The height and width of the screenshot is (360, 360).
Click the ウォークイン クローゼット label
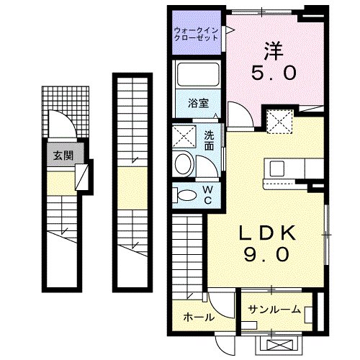point(198,34)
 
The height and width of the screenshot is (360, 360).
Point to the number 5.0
point(271,73)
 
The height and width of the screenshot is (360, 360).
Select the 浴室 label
point(199,103)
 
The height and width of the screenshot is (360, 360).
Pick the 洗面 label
point(209,140)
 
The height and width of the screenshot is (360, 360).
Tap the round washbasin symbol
point(184,163)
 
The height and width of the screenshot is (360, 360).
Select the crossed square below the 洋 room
point(279,120)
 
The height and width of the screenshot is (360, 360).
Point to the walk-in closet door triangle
point(230,30)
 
